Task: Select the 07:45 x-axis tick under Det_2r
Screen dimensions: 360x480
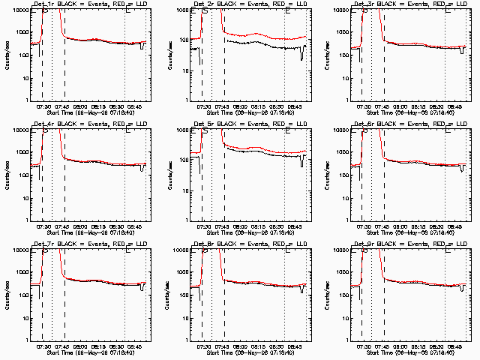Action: click(x=223, y=107)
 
